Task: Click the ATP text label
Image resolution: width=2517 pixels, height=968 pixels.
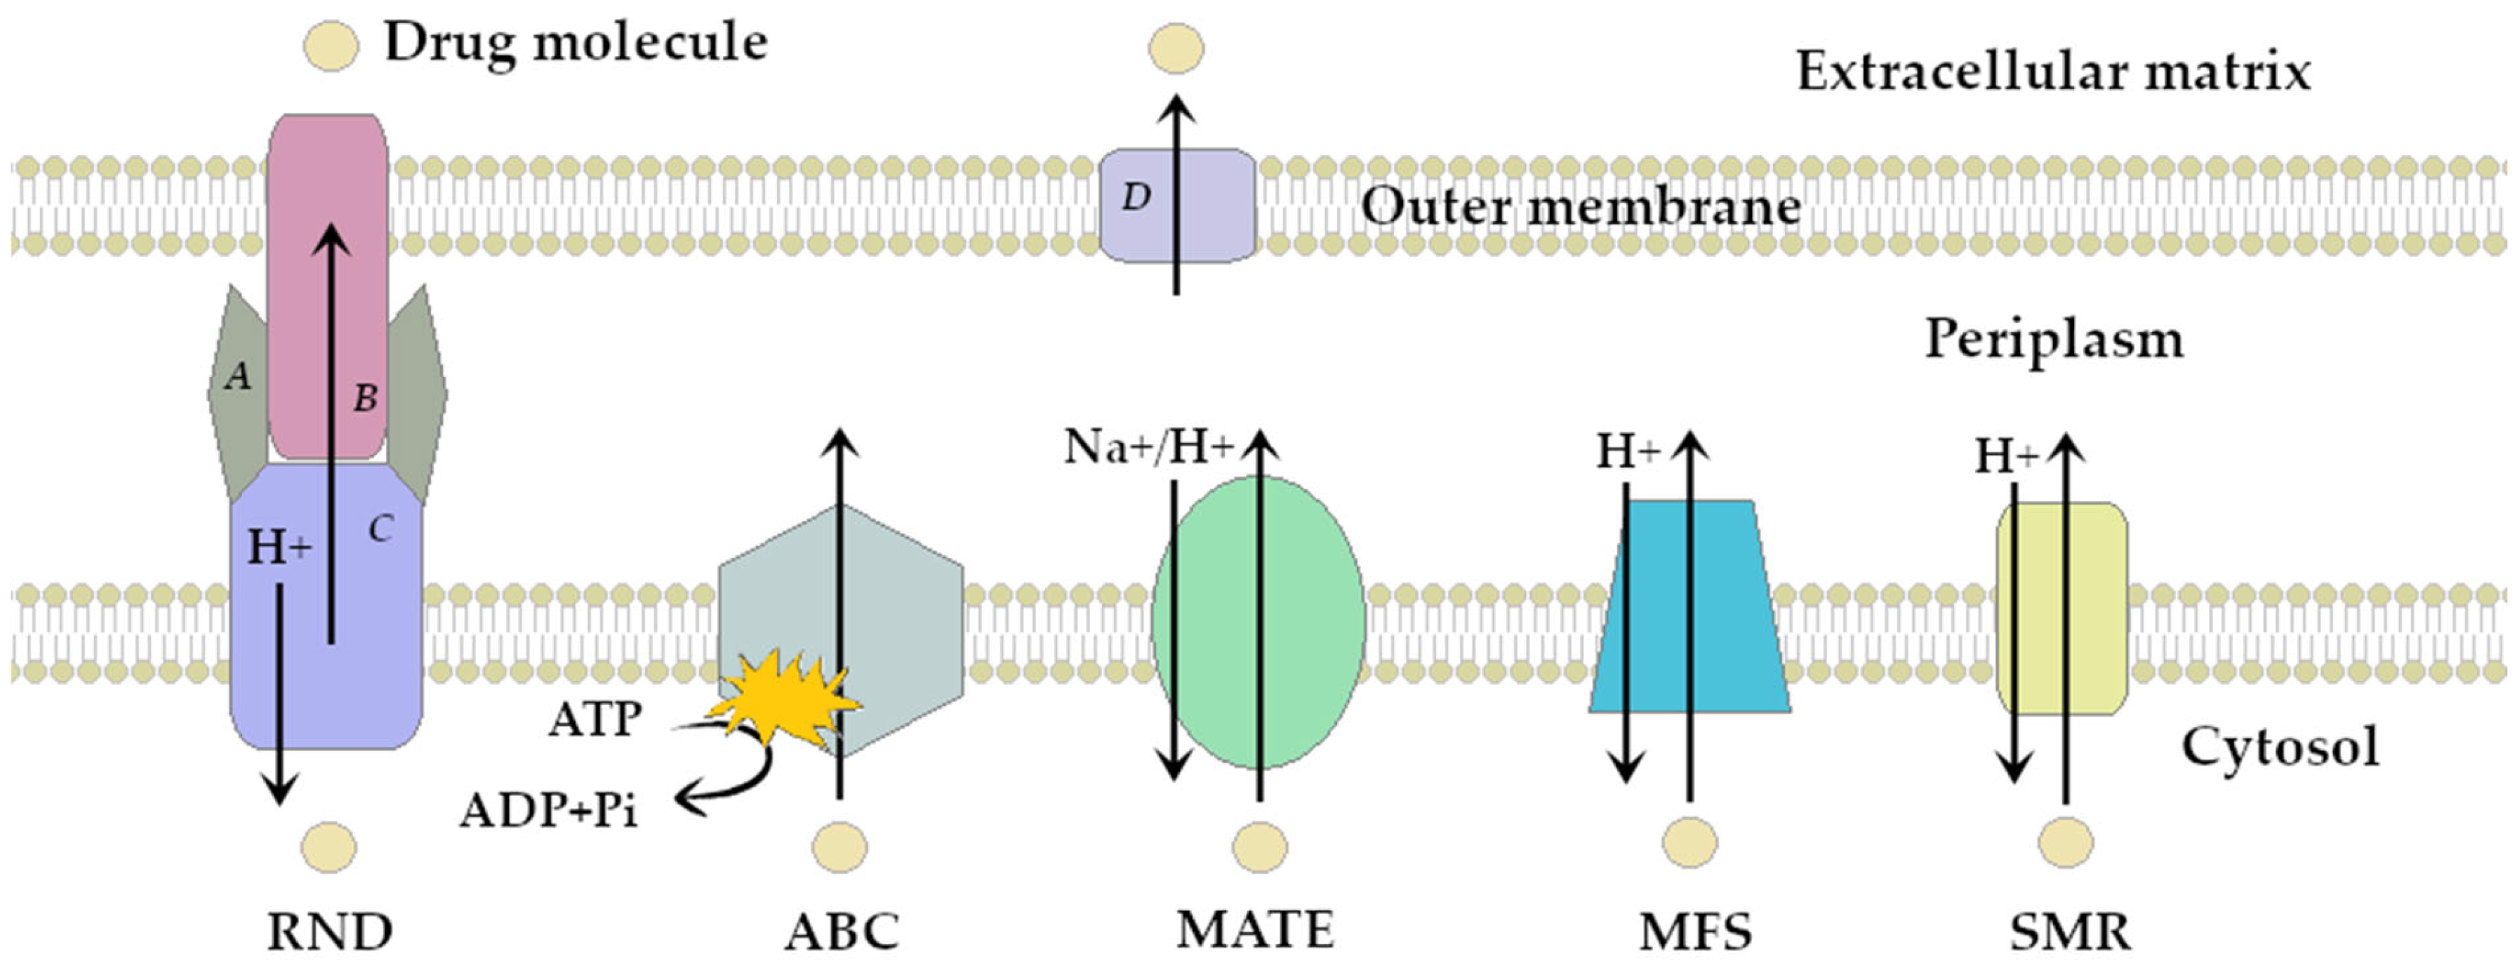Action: coord(595,721)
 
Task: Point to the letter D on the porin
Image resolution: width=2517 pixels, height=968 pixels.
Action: coord(1134,198)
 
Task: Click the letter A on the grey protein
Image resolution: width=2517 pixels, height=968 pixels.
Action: coord(237,375)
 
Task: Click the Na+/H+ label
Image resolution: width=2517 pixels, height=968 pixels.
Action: coord(1148,447)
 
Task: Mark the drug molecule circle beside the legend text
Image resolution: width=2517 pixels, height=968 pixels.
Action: coord(331,46)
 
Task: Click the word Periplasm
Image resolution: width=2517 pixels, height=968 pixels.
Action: coord(2053,340)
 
